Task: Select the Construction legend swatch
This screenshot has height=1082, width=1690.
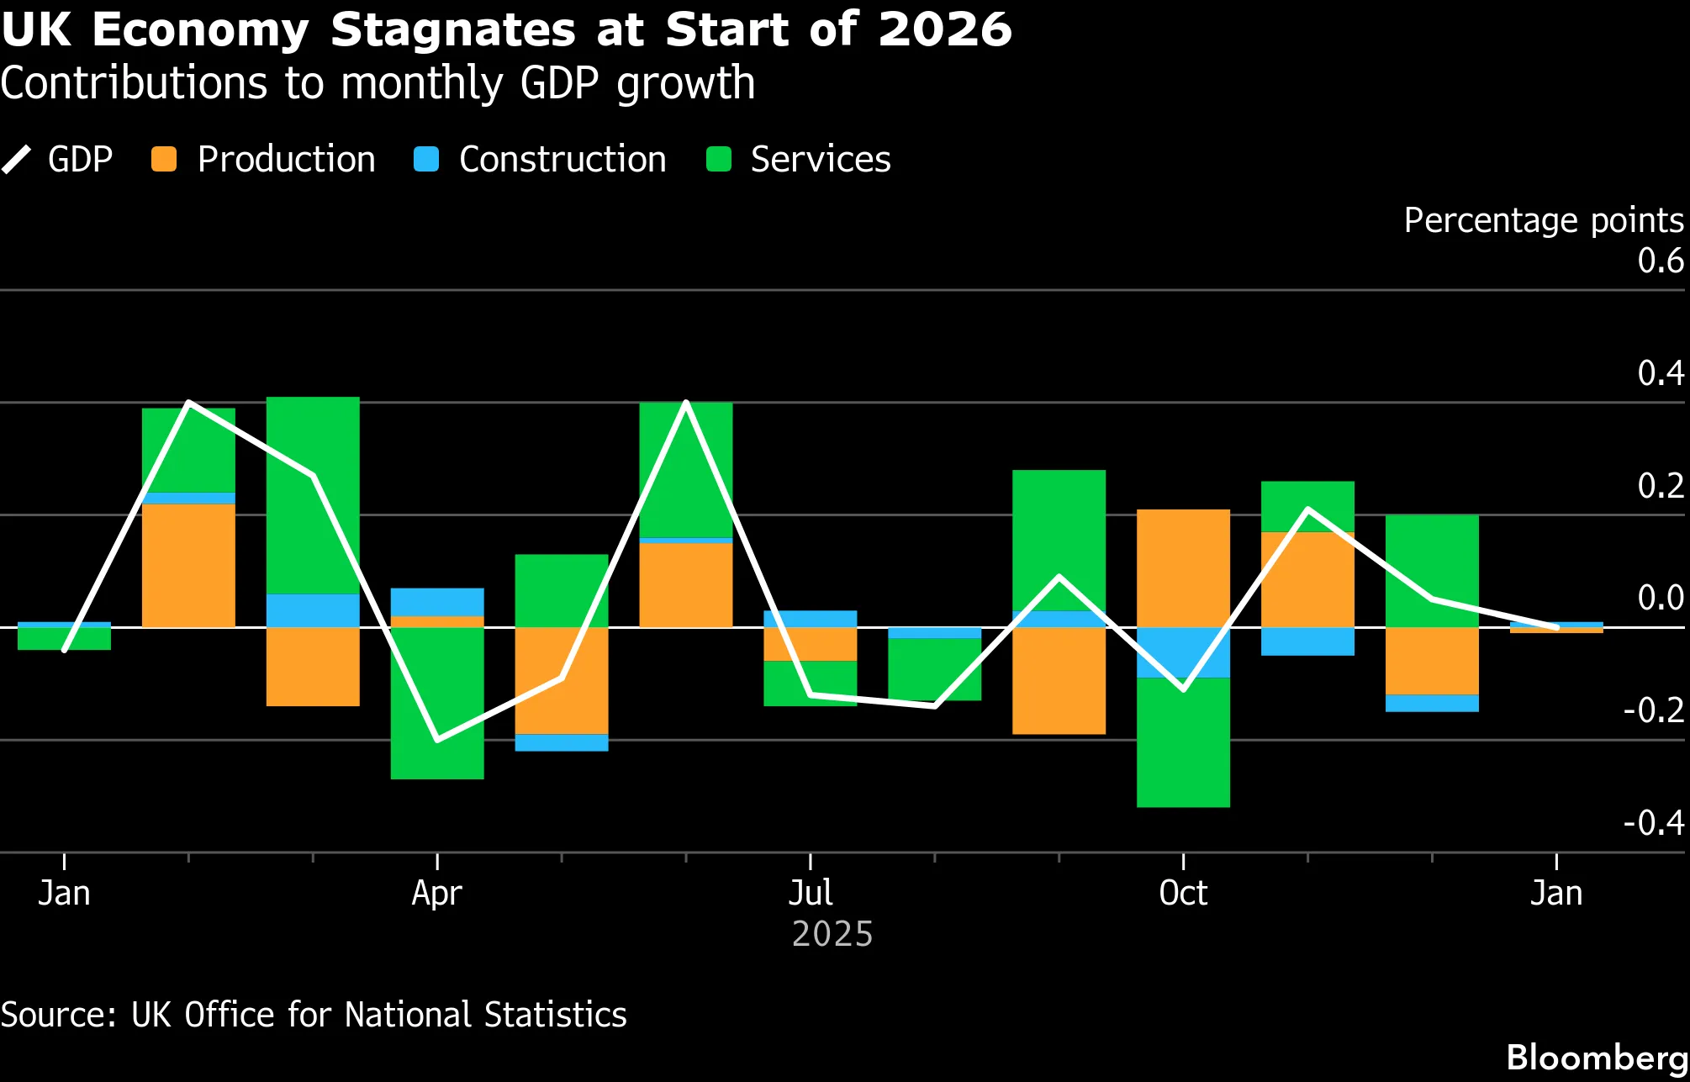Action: [x=427, y=160]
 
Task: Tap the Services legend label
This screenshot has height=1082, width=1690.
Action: [x=820, y=160]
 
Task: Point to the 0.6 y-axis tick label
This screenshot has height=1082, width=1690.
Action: [x=1660, y=261]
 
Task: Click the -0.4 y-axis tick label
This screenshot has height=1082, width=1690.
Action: [x=1653, y=822]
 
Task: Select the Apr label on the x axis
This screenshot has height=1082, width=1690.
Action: [x=436, y=893]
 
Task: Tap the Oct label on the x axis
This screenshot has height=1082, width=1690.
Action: [x=1183, y=893]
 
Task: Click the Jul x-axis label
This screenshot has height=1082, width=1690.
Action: [x=811, y=893]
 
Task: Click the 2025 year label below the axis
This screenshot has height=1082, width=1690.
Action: [x=832, y=934]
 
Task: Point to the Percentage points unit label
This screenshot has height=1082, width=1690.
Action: [x=1543, y=220]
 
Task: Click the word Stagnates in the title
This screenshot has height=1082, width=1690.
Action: [x=452, y=30]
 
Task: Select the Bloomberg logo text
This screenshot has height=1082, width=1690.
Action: [x=1596, y=1058]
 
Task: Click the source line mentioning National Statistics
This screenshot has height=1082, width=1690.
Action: [x=313, y=1015]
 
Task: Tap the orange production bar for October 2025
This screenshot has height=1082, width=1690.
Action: [x=1183, y=567]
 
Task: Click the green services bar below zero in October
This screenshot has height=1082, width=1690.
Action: [x=1183, y=742]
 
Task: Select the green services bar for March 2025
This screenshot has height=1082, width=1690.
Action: [x=313, y=496]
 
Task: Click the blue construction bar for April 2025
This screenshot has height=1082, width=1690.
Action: [x=436, y=602]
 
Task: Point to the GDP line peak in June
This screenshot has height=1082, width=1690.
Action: [x=686, y=404]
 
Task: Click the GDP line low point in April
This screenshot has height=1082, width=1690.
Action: [x=437, y=740]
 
